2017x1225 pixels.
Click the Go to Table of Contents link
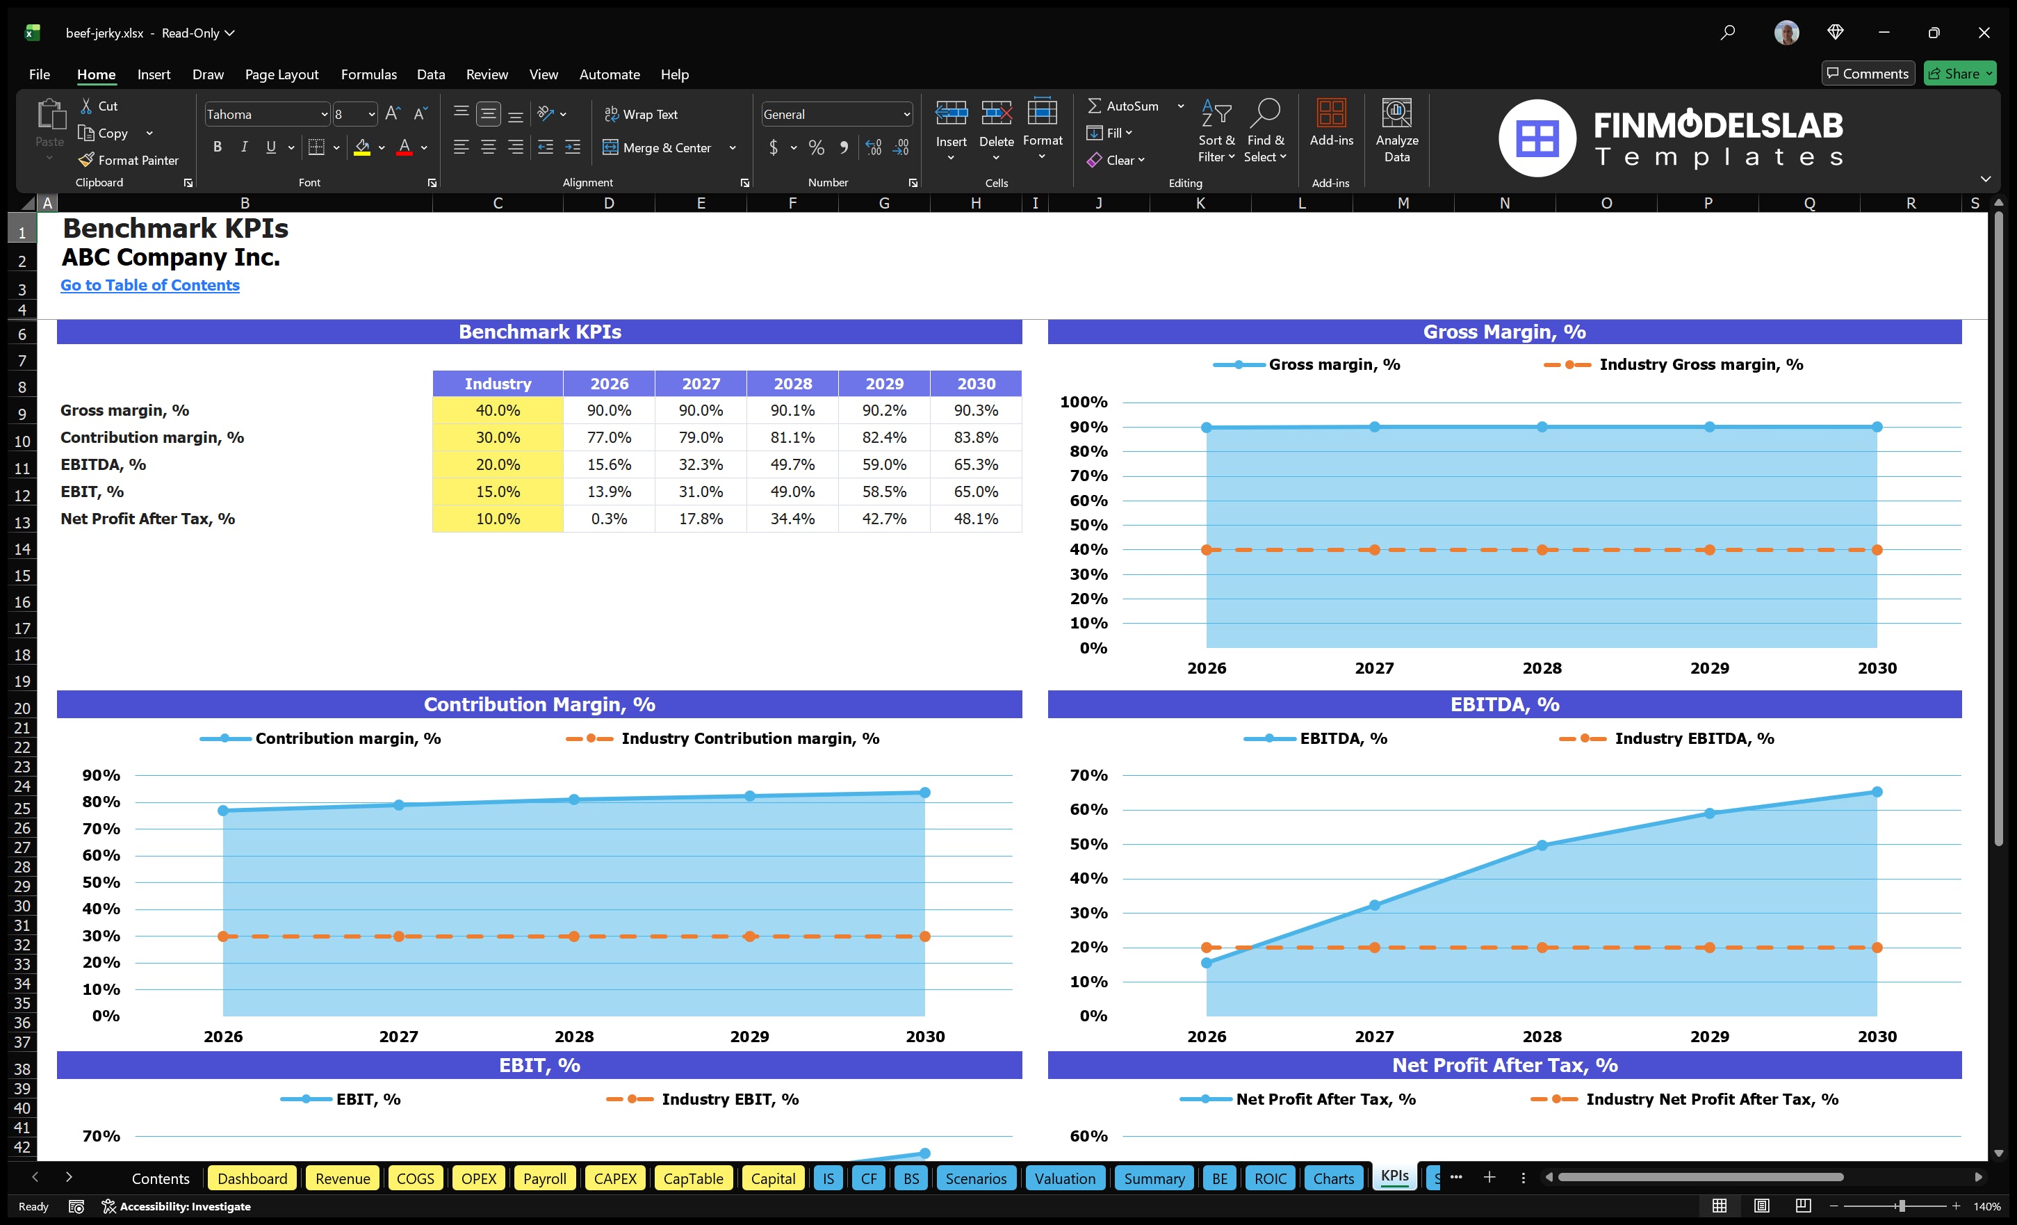point(150,285)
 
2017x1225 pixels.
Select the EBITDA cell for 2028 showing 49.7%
point(792,464)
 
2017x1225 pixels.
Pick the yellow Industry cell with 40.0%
point(497,410)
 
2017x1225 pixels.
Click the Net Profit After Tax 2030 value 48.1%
point(975,519)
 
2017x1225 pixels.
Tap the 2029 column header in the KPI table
point(884,383)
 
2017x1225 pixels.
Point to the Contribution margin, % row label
point(152,437)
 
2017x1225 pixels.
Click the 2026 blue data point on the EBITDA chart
point(1207,963)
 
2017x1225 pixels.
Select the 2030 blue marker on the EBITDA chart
point(1877,792)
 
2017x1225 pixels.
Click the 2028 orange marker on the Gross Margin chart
point(1542,549)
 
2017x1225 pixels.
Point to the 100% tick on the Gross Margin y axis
point(1083,402)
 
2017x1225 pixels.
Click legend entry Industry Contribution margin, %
point(749,738)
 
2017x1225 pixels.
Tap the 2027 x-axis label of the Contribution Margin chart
point(399,1036)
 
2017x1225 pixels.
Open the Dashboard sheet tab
point(252,1178)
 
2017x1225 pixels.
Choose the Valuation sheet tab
point(1064,1178)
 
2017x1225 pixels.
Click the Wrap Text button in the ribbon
point(641,115)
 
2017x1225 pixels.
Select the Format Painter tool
point(129,161)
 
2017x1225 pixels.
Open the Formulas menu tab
point(368,74)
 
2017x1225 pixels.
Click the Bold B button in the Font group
point(217,147)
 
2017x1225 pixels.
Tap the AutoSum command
point(1123,106)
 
